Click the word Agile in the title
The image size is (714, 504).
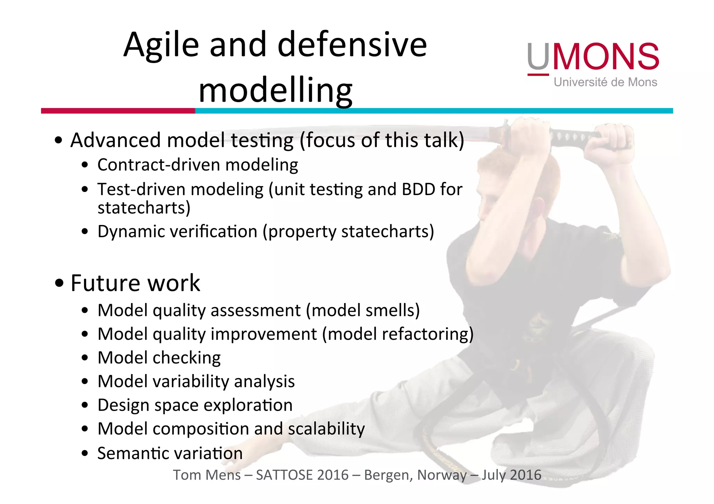coord(161,45)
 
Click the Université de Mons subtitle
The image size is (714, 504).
coord(605,82)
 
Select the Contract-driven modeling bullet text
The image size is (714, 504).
coord(198,165)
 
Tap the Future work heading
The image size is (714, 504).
coord(135,283)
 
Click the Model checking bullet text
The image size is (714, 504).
coord(159,358)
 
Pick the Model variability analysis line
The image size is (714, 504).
coord(196,381)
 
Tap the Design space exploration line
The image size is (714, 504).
coord(195,405)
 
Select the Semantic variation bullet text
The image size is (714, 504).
coord(170,453)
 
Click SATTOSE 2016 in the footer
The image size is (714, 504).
coord(302,475)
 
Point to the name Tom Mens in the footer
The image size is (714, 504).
coord(207,475)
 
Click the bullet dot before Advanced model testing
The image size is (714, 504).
coord(59,140)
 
